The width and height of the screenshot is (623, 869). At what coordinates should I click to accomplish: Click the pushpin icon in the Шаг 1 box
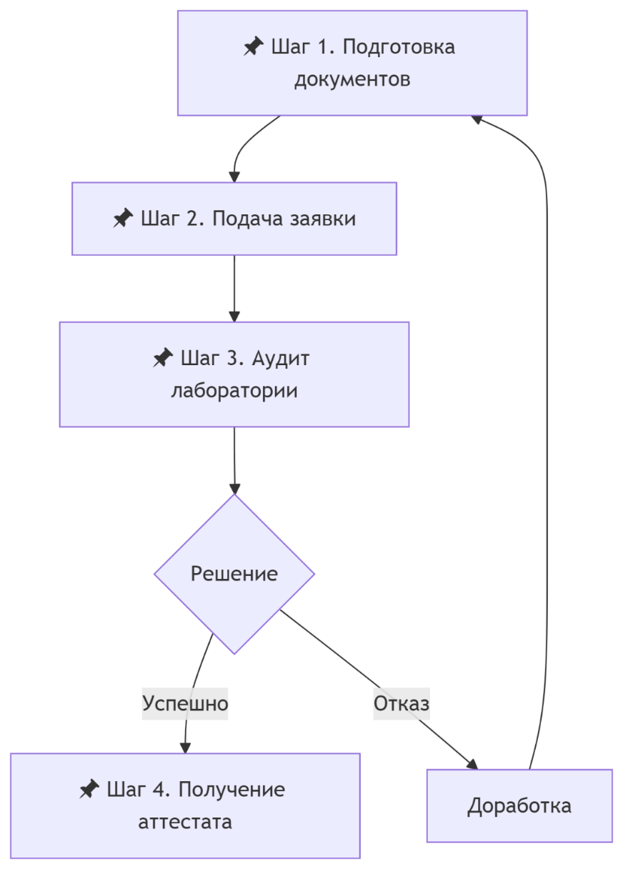tap(254, 46)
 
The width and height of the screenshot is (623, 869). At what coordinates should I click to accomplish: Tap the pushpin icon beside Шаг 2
tap(123, 218)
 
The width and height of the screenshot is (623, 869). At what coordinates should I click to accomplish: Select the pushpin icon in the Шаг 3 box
tap(163, 357)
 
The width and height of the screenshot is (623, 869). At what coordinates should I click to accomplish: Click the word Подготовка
tap(399, 47)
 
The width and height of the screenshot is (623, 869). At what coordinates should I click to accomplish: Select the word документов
tap(352, 79)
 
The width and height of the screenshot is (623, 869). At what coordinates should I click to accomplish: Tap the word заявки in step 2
tap(323, 219)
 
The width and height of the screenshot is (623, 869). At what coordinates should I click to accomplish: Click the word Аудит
tap(281, 359)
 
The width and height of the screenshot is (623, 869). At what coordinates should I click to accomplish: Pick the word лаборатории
tap(234, 391)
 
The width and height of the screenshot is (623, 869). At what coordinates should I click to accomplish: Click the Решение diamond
tap(234, 574)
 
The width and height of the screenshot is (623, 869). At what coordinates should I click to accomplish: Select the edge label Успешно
tap(185, 704)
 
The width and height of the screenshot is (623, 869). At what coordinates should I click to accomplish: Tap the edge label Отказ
tap(402, 704)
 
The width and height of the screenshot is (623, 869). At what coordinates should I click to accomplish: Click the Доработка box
tap(519, 806)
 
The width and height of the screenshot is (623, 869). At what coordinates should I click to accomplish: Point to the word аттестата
tap(185, 822)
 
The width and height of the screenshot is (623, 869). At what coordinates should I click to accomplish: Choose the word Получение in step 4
tap(231, 790)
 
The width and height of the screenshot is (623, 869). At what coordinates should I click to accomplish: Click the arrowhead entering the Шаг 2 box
tap(234, 177)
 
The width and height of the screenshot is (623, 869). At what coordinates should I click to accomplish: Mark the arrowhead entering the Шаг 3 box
tap(234, 317)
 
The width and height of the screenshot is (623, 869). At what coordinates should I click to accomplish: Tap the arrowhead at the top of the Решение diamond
tap(234, 489)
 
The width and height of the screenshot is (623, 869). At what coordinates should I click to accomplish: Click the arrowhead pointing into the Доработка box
tap(472, 765)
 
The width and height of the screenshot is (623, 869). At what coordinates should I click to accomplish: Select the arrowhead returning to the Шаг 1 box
tap(477, 119)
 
